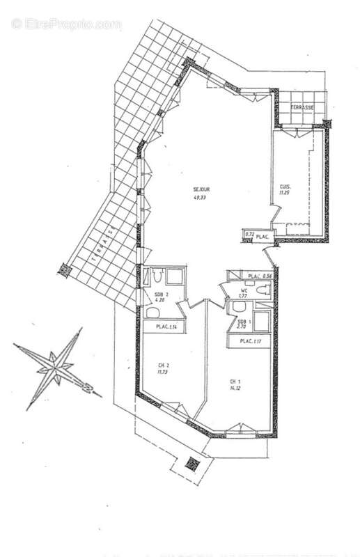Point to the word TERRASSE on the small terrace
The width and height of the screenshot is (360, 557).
(302, 107)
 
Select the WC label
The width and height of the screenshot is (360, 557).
(244, 290)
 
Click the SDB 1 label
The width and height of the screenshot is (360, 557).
(242, 320)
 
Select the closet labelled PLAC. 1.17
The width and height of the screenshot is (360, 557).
(251, 341)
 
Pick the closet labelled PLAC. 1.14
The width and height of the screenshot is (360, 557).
(167, 327)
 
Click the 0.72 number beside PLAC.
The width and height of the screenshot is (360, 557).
(249, 235)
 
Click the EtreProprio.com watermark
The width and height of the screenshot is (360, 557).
(66, 24)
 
